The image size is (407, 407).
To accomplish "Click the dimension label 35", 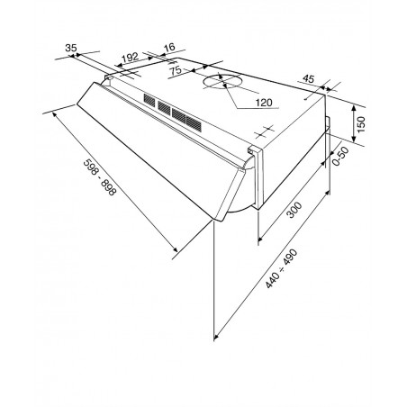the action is [71, 48].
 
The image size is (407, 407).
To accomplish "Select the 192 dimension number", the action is [130, 57].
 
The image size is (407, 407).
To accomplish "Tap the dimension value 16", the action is [169, 47].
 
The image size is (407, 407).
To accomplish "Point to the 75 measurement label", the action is [176, 70].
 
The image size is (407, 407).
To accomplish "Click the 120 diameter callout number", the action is [264, 103].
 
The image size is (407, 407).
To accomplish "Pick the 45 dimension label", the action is [308, 78].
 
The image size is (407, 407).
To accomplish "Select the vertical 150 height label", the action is [361, 124].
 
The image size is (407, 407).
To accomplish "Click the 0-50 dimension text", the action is [341, 156].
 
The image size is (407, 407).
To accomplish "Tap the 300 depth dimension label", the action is [294, 210].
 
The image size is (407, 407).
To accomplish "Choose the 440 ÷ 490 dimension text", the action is [281, 268].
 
